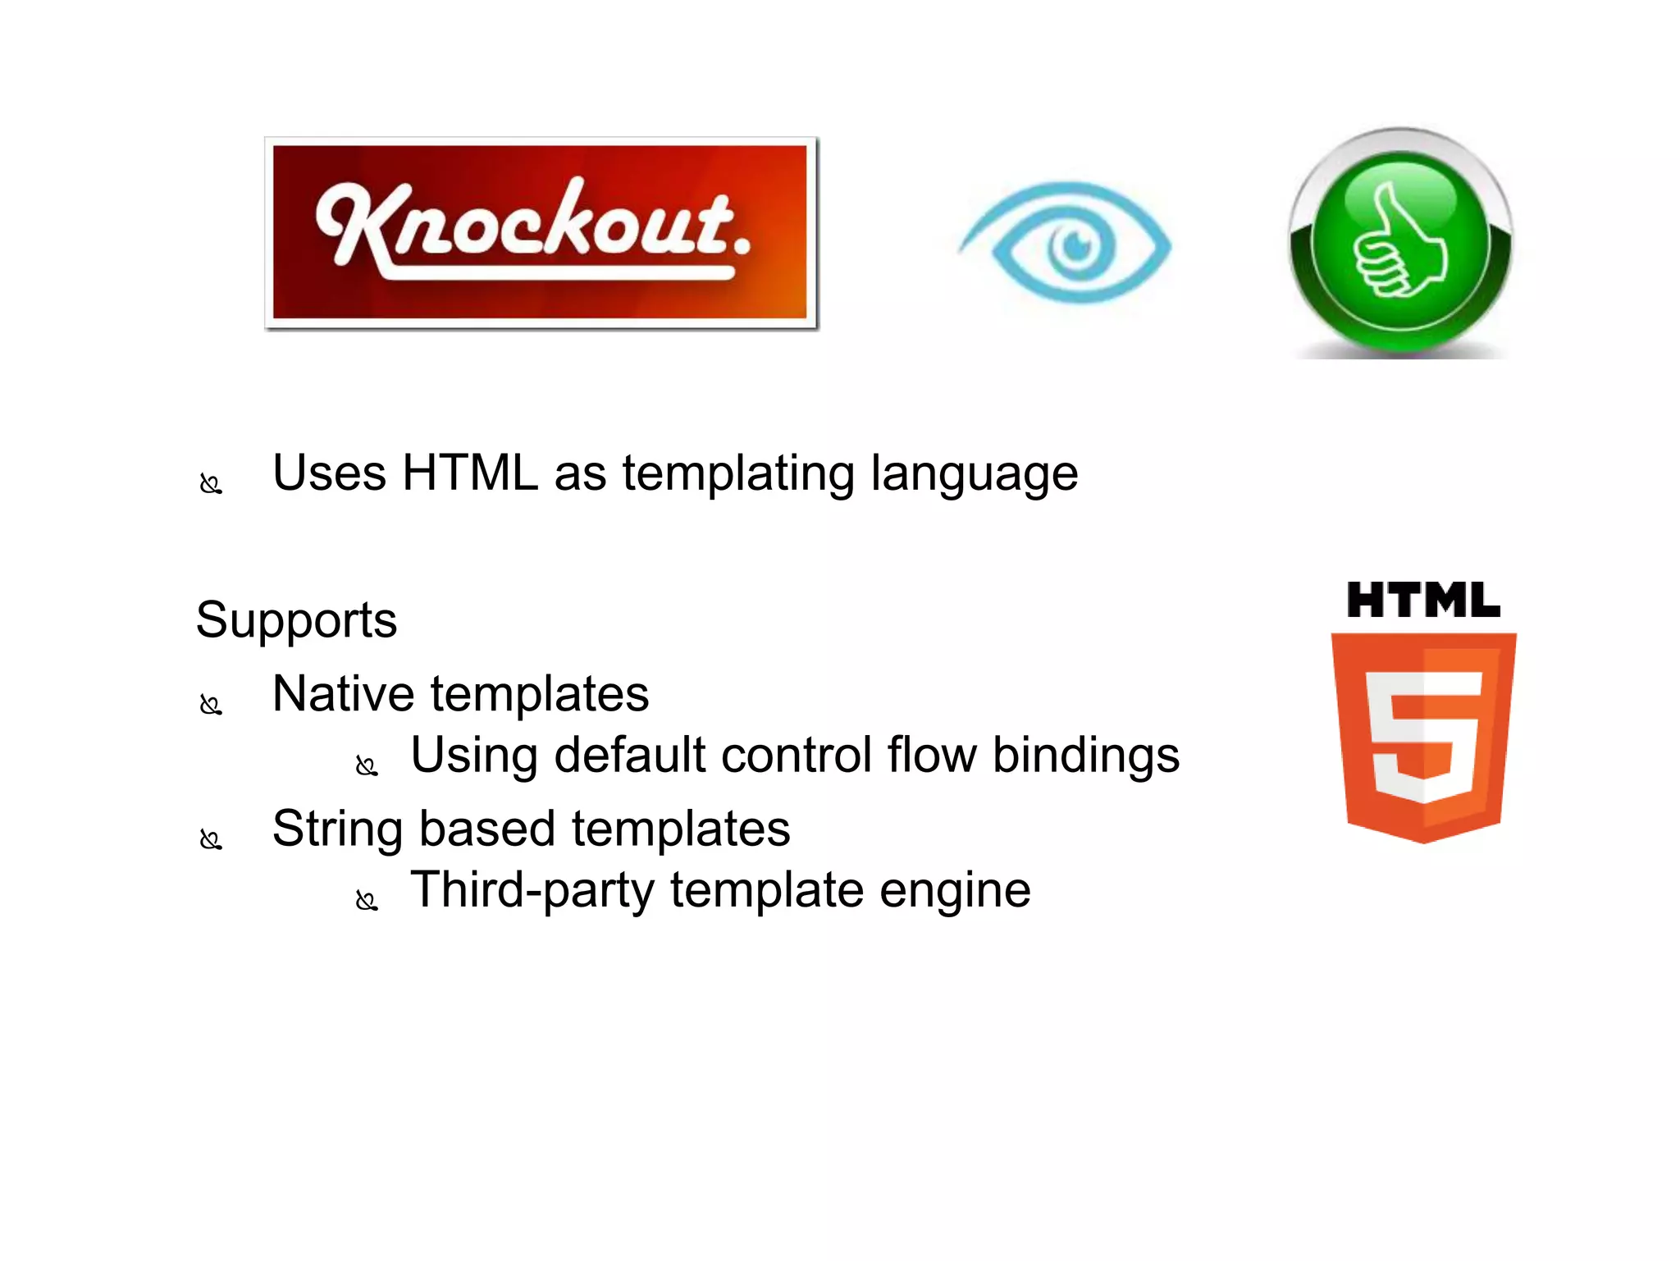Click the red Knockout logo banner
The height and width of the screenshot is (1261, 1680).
coord(541,232)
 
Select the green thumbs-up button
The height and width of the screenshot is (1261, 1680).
coord(1400,244)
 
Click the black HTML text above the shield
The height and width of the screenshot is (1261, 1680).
coord(1423,601)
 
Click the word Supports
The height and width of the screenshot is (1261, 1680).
coord(296,620)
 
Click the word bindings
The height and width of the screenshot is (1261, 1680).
coord(1085,756)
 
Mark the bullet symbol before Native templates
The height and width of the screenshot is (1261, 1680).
coord(211,705)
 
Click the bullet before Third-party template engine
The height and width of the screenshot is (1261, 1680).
coord(366,901)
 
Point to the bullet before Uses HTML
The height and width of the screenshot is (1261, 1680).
coord(211,484)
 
